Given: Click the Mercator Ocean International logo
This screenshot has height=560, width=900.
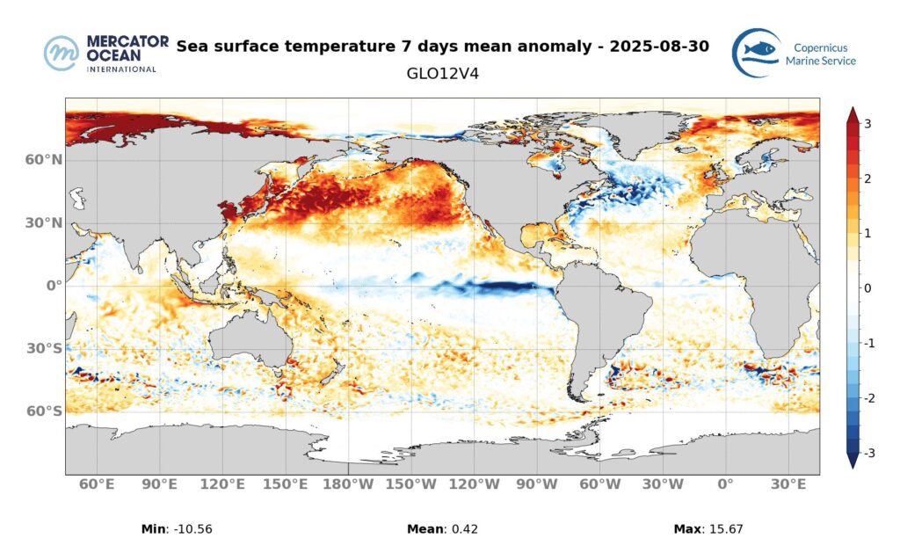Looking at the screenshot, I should pyautogui.click(x=101, y=54).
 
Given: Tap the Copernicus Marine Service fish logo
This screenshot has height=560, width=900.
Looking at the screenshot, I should pyautogui.click(x=757, y=53).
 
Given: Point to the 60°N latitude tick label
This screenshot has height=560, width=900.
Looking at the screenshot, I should pyautogui.click(x=44, y=160).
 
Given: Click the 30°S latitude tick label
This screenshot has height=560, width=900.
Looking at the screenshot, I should pyautogui.click(x=44, y=349).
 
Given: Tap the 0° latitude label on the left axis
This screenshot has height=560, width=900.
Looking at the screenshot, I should pyautogui.click(x=53, y=286).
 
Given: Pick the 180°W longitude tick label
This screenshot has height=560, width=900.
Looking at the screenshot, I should pyautogui.click(x=350, y=484).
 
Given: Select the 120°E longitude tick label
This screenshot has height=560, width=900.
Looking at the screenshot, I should pyautogui.click(x=223, y=484).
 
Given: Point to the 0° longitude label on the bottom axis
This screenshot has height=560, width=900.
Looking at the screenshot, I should pyautogui.click(x=726, y=484).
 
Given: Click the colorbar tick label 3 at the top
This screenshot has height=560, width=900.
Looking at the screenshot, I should pyautogui.click(x=867, y=124).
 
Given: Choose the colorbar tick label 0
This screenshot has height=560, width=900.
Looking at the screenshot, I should pyautogui.click(x=867, y=288).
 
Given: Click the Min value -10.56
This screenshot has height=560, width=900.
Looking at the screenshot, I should pyautogui.click(x=189, y=529).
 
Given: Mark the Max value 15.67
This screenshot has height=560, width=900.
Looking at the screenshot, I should pyautogui.click(x=726, y=529).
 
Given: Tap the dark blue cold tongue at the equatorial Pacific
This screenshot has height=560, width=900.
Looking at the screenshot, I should pyautogui.click(x=510, y=287).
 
